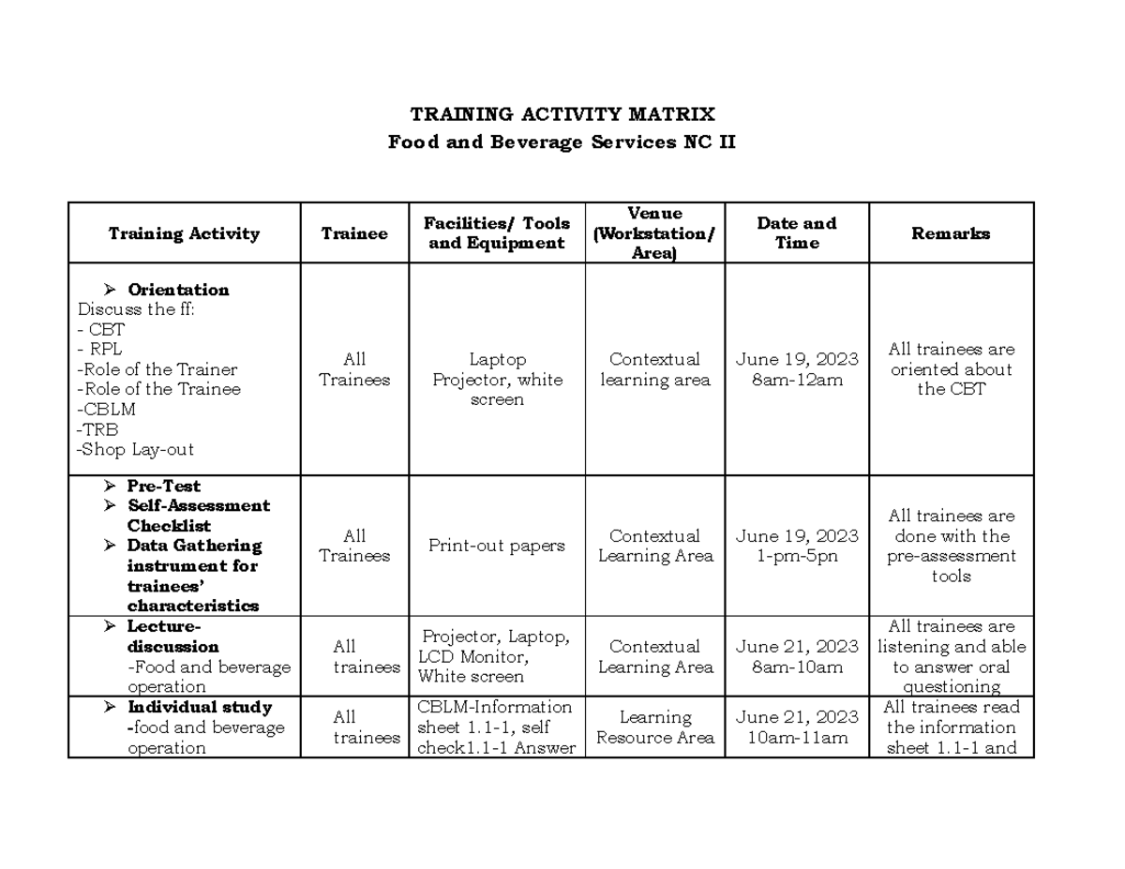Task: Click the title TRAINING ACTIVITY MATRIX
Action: click(x=562, y=114)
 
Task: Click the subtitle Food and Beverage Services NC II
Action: click(x=562, y=143)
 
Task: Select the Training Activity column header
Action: click(x=184, y=233)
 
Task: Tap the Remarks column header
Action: click(x=951, y=233)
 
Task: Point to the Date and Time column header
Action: click(x=797, y=233)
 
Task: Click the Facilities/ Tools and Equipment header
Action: click(x=497, y=233)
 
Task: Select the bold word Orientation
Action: click(x=178, y=290)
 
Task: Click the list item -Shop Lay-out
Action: click(x=136, y=450)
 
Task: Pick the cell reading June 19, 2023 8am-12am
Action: click(x=797, y=369)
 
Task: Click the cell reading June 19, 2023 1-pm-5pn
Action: click(x=797, y=547)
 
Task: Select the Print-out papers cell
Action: click(x=497, y=547)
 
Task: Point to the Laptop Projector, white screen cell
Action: click(x=497, y=380)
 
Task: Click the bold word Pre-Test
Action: click(x=163, y=486)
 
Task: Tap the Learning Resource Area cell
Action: click(x=654, y=727)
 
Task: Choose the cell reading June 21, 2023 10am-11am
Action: click(x=797, y=727)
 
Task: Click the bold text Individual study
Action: click(x=200, y=707)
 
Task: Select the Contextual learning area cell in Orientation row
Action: click(x=654, y=369)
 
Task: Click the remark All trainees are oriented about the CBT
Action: click(x=951, y=369)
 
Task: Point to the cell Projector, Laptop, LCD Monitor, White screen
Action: click(x=495, y=656)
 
